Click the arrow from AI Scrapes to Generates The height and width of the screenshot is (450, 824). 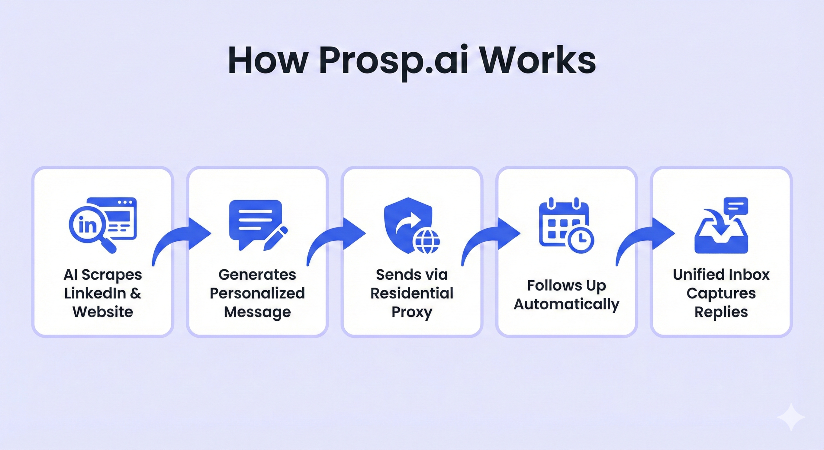pyautogui.click(x=174, y=237)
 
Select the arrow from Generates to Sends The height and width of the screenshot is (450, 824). pyautogui.click(x=328, y=237)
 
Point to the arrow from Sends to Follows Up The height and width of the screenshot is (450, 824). pyautogui.click(x=483, y=237)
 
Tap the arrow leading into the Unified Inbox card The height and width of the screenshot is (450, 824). pyautogui.click(x=637, y=237)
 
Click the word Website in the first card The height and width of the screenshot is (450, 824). pyautogui.click(x=103, y=312)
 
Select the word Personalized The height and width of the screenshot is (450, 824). pyautogui.click(x=257, y=293)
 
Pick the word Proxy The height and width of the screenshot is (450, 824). pyautogui.click(x=412, y=312)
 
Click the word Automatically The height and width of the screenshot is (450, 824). pyautogui.click(x=566, y=304)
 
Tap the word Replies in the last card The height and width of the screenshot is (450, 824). pyautogui.click(x=721, y=312)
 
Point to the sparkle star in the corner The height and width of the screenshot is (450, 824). pyautogui.click(x=791, y=417)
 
